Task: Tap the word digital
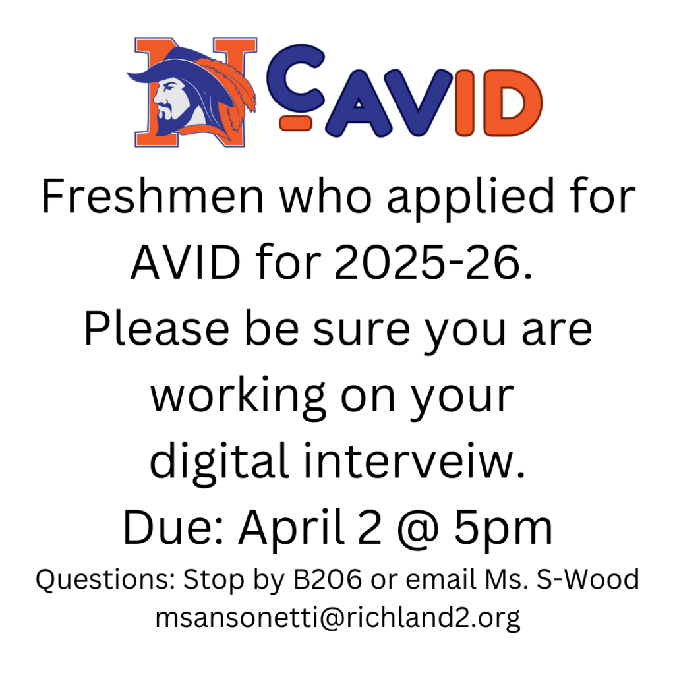click(220, 463)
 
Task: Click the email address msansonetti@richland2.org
click(337, 618)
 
